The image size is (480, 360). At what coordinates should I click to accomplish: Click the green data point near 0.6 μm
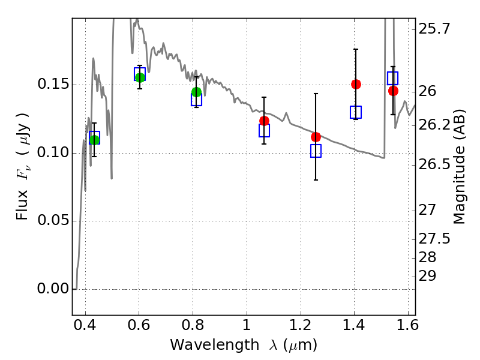(140, 77)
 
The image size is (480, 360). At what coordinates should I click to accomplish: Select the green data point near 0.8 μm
(197, 92)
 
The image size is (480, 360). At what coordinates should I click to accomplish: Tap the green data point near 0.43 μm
(94, 140)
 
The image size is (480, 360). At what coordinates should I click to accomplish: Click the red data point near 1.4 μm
(356, 84)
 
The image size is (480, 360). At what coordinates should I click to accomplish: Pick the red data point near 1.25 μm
(316, 137)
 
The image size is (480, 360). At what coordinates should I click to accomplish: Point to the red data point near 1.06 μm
(264, 121)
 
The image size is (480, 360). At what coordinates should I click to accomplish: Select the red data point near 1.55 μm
(393, 91)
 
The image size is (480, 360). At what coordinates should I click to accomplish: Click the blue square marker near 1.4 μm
(356, 112)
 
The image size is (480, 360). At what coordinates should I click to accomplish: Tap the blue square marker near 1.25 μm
(316, 151)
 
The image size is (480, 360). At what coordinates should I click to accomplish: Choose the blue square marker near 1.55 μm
(393, 78)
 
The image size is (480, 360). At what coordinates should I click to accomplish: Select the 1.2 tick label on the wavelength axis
(301, 325)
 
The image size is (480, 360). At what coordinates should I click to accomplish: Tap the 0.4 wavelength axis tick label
(85, 325)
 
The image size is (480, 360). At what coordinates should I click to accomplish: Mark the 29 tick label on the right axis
(427, 276)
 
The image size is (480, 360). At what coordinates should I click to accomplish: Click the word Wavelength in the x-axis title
(215, 344)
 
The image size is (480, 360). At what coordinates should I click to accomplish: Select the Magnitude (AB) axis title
(458, 167)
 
